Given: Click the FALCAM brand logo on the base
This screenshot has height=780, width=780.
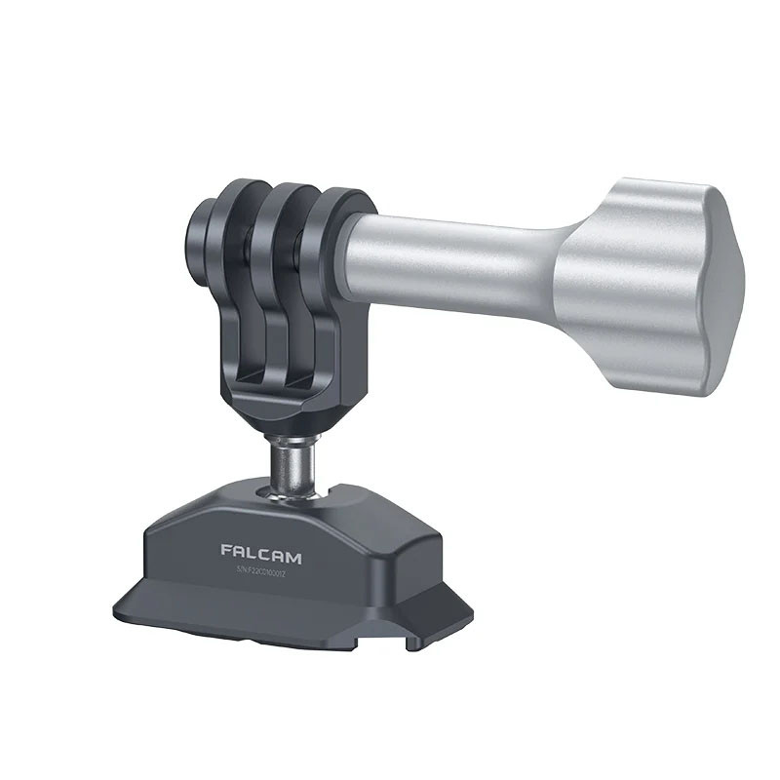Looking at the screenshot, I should [x=261, y=557].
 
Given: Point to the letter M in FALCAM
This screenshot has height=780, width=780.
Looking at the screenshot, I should [x=293, y=558].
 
